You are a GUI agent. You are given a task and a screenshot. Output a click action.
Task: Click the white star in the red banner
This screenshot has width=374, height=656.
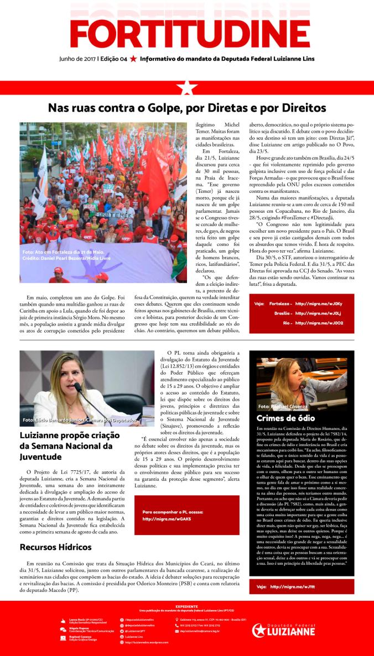pos(187,87)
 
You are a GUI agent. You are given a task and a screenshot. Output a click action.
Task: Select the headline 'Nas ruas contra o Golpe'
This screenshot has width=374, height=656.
pos(186,108)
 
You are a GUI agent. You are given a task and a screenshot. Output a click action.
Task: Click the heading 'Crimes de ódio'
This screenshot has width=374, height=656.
pos(285,418)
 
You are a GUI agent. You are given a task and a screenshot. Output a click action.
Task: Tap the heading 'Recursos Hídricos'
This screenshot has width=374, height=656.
pos(55,547)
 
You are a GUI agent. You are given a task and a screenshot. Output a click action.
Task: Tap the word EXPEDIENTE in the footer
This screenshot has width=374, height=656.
pos(186,606)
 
